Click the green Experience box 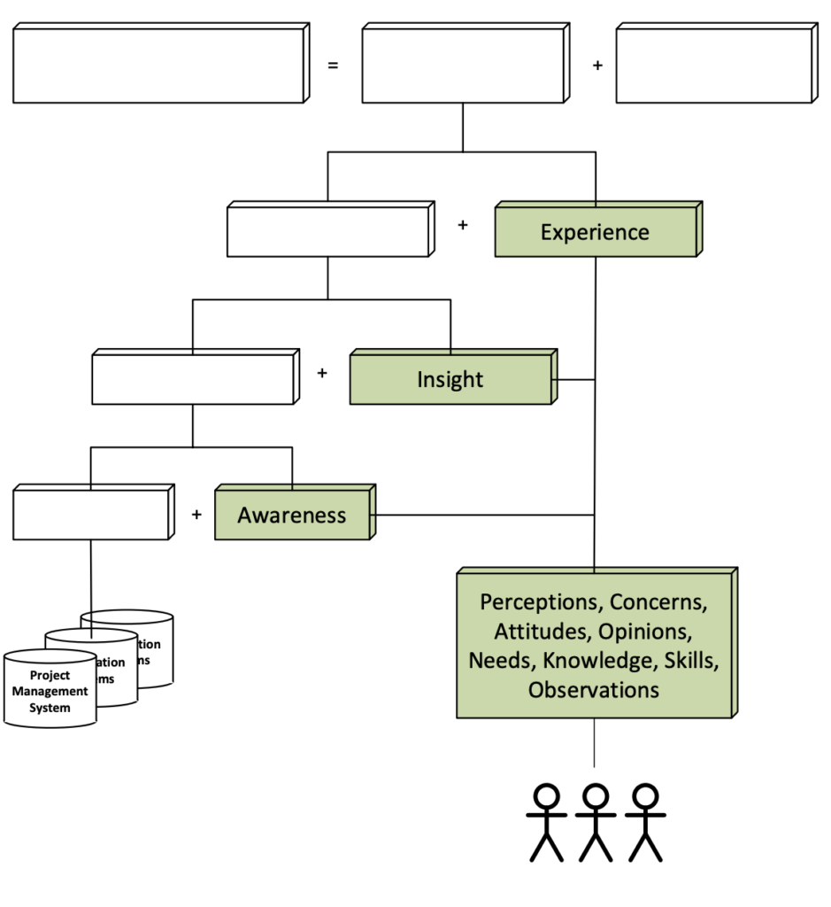coord(595,233)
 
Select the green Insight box coord(450,380)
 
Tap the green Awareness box coord(292,516)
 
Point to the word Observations coord(594,690)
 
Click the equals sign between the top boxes coord(333,66)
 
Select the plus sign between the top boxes coord(597,66)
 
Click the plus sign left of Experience coord(462,226)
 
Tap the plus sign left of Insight coord(322,373)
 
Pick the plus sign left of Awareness coord(196,515)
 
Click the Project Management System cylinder coord(50,691)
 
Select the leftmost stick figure coord(546,822)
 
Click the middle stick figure coord(595,822)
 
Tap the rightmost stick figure coord(644,822)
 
